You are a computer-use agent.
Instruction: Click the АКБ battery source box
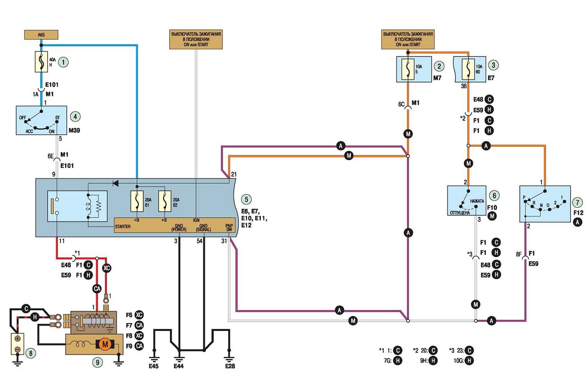[x=41, y=35]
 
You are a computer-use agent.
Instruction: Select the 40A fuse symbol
[x=41, y=62]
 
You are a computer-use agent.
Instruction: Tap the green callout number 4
[x=75, y=117]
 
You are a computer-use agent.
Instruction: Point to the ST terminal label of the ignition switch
[x=58, y=117]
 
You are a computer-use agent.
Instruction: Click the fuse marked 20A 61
[x=137, y=201]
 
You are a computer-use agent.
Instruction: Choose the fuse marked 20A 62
[x=165, y=201]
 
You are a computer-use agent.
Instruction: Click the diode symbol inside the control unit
[x=115, y=183]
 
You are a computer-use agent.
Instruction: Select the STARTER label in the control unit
[x=123, y=226]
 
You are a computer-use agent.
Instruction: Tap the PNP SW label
[x=229, y=228]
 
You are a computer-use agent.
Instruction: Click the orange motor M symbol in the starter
[x=105, y=344]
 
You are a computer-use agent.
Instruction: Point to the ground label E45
[x=153, y=366]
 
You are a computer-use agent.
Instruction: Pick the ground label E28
[x=230, y=366]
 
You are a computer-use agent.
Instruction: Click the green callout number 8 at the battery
[x=31, y=353]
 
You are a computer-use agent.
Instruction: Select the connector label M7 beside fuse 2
[x=437, y=78]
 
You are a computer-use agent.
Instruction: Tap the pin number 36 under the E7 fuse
[x=464, y=86]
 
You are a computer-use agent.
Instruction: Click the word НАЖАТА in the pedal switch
[x=477, y=201]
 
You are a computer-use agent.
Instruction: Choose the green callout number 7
[x=577, y=202]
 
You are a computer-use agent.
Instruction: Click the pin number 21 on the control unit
[x=234, y=175]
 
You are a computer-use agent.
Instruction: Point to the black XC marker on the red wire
[x=106, y=268]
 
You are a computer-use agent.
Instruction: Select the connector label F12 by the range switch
[x=578, y=213]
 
